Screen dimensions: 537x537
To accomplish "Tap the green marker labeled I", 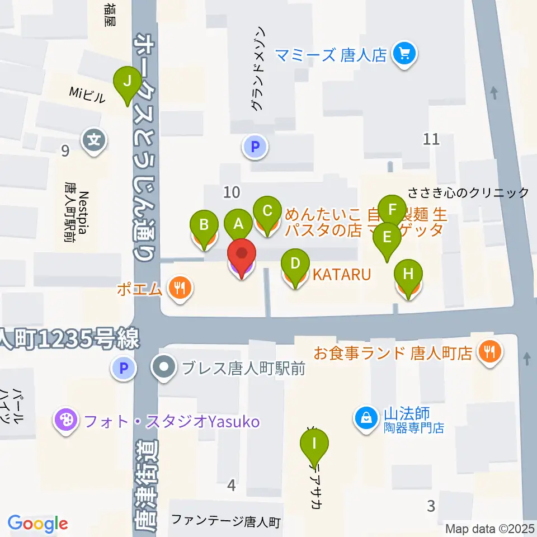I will point(314,445).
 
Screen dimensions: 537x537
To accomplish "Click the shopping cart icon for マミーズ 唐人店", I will point(405,55).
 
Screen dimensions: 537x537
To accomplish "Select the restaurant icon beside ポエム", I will point(180,289).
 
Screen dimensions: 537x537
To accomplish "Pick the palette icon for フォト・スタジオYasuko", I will point(66,420).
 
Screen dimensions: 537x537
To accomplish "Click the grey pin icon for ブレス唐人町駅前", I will point(164,368).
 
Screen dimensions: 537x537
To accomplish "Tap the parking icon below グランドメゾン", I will point(255,148).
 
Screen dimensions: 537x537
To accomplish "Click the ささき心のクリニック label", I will point(468,193).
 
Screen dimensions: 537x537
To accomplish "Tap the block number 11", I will point(431,139).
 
